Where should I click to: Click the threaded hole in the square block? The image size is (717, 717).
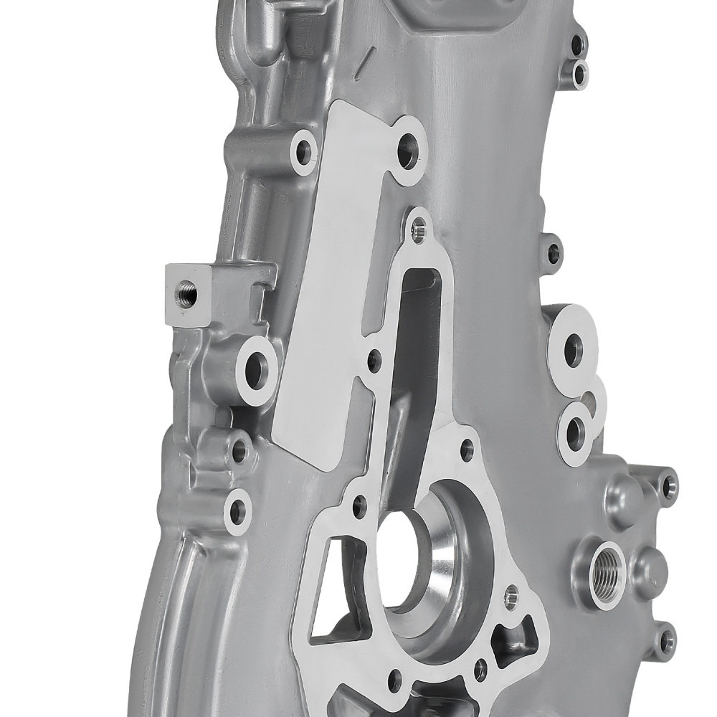tap(186, 294)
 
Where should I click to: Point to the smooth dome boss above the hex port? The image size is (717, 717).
tap(621, 495)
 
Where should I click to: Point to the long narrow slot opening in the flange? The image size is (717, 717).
tap(414, 337)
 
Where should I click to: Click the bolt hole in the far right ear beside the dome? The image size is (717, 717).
tap(669, 487)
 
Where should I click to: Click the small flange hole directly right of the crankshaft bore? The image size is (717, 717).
tap(511, 595)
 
